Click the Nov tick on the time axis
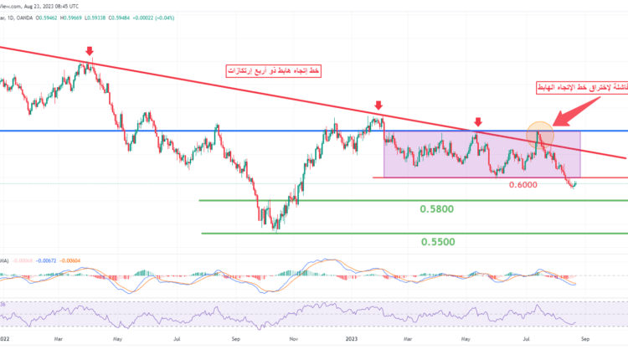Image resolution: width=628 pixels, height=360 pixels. point(293,341)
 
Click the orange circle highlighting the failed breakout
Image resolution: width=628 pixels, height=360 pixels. point(540,133)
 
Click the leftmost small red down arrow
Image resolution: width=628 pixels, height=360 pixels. point(89,51)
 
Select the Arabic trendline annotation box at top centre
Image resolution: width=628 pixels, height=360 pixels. point(274,72)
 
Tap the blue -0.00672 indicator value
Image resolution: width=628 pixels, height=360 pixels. point(40,261)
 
